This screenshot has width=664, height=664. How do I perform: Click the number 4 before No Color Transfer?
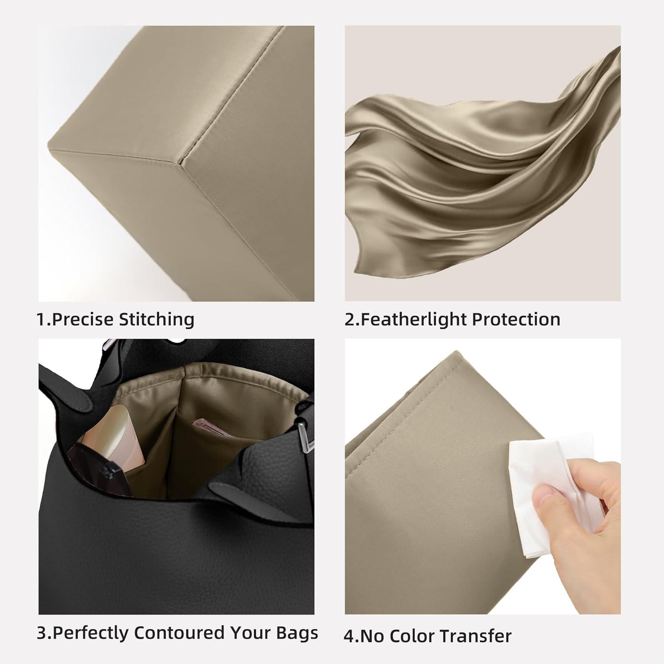[349, 637]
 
